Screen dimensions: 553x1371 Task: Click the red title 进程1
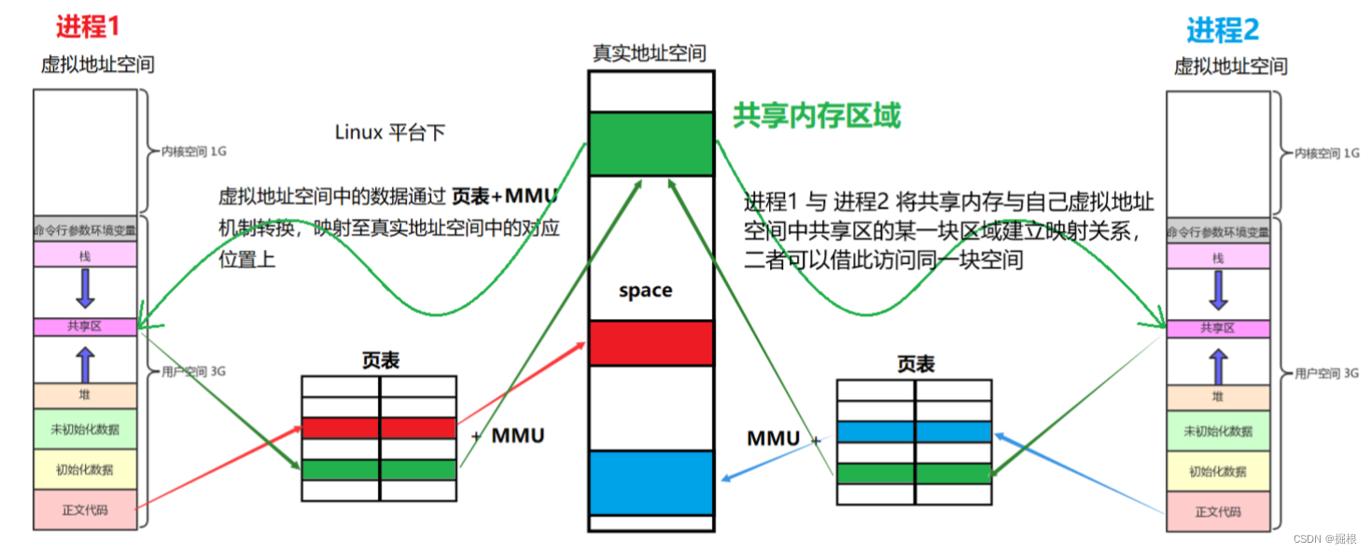(88, 26)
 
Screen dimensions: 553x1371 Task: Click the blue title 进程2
(1223, 30)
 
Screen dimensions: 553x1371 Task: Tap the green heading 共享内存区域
(817, 116)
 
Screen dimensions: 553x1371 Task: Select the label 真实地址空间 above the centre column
(650, 53)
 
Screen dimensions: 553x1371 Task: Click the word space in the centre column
(646, 290)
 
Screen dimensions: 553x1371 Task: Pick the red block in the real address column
(651, 342)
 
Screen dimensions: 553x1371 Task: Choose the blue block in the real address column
(651, 482)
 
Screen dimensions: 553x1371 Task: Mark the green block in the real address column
(651, 143)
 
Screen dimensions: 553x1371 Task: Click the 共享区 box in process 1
(85, 327)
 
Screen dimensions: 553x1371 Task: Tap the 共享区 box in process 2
(1218, 328)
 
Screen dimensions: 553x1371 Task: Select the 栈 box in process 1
(85, 255)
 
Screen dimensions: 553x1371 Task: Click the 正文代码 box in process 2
(1218, 512)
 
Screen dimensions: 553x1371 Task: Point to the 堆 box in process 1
(85, 395)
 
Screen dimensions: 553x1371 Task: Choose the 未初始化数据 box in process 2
(1218, 431)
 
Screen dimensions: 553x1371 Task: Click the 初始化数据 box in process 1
(85, 469)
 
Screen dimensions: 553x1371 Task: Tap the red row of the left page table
(379, 428)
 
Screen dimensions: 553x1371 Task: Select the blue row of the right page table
(914, 432)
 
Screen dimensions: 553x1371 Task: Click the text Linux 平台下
(390, 132)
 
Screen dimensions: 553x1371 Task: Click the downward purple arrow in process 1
(85, 289)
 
